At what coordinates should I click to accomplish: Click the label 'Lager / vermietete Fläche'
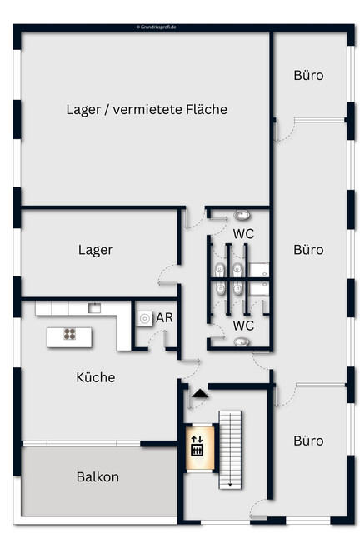pyautogui.click(x=147, y=109)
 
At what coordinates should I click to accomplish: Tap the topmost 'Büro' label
pyautogui.click(x=308, y=75)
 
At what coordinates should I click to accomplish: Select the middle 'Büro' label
pyautogui.click(x=308, y=249)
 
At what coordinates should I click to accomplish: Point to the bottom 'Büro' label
pyautogui.click(x=308, y=441)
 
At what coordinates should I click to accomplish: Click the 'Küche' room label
pyautogui.click(x=96, y=377)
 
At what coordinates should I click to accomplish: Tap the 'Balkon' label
pyautogui.click(x=97, y=477)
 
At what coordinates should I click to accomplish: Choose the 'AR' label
pyautogui.click(x=164, y=318)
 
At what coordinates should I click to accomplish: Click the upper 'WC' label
pyautogui.click(x=243, y=234)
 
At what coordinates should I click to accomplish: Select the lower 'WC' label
pyautogui.click(x=243, y=325)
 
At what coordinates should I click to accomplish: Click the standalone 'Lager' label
pyautogui.click(x=96, y=250)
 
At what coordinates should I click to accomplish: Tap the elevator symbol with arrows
pyautogui.click(x=197, y=445)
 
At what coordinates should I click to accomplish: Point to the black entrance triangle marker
pyautogui.click(x=199, y=391)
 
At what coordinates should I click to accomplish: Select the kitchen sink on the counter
pyautogui.click(x=95, y=307)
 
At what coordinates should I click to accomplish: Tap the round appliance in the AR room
pyautogui.click(x=144, y=318)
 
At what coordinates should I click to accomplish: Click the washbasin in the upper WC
pyautogui.click(x=242, y=215)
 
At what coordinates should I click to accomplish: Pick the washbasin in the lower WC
pyautogui.click(x=242, y=342)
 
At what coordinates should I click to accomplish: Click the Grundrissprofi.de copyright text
pyautogui.click(x=162, y=27)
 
